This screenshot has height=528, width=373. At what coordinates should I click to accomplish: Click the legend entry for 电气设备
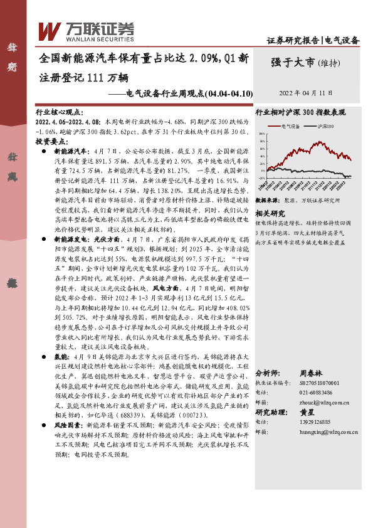[x=290, y=126]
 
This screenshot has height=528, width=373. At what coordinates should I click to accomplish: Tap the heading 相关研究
[x=271, y=213]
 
